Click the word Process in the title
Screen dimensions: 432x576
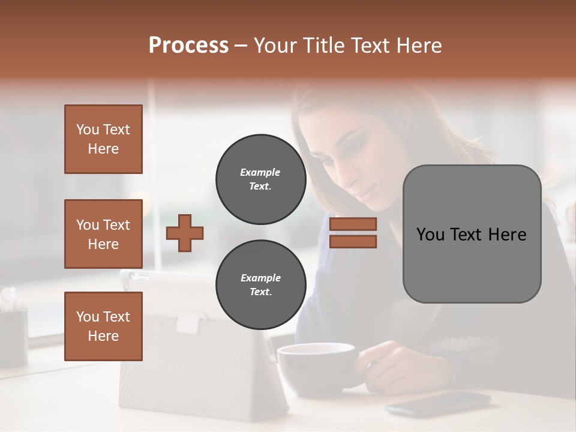coord(188,46)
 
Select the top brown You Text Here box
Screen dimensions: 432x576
coord(103,139)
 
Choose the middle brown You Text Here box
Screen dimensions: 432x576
coord(103,234)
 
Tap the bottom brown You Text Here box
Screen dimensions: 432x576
coord(103,326)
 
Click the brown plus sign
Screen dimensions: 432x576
coord(185,233)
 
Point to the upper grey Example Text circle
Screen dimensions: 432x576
coord(260,179)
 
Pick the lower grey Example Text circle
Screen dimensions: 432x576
coord(260,285)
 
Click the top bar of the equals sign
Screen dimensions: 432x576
coord(353,224)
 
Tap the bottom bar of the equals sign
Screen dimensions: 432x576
coord(353,241)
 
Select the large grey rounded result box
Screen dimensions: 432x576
coord(472,234)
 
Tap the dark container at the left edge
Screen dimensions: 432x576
coord(12,336)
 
